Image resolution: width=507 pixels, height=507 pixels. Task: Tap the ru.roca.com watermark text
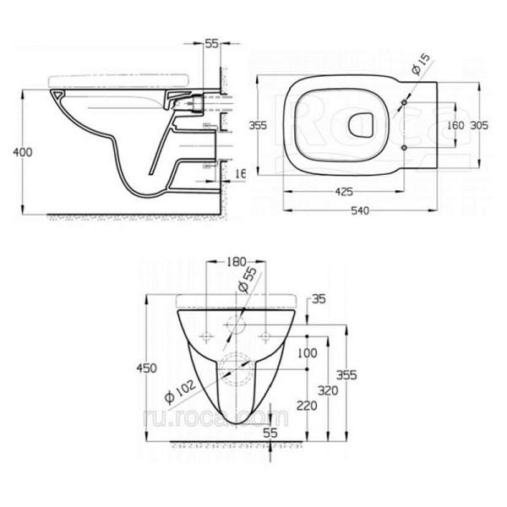[241, 417]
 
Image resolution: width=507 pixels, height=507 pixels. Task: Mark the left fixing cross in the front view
[206, 338]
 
